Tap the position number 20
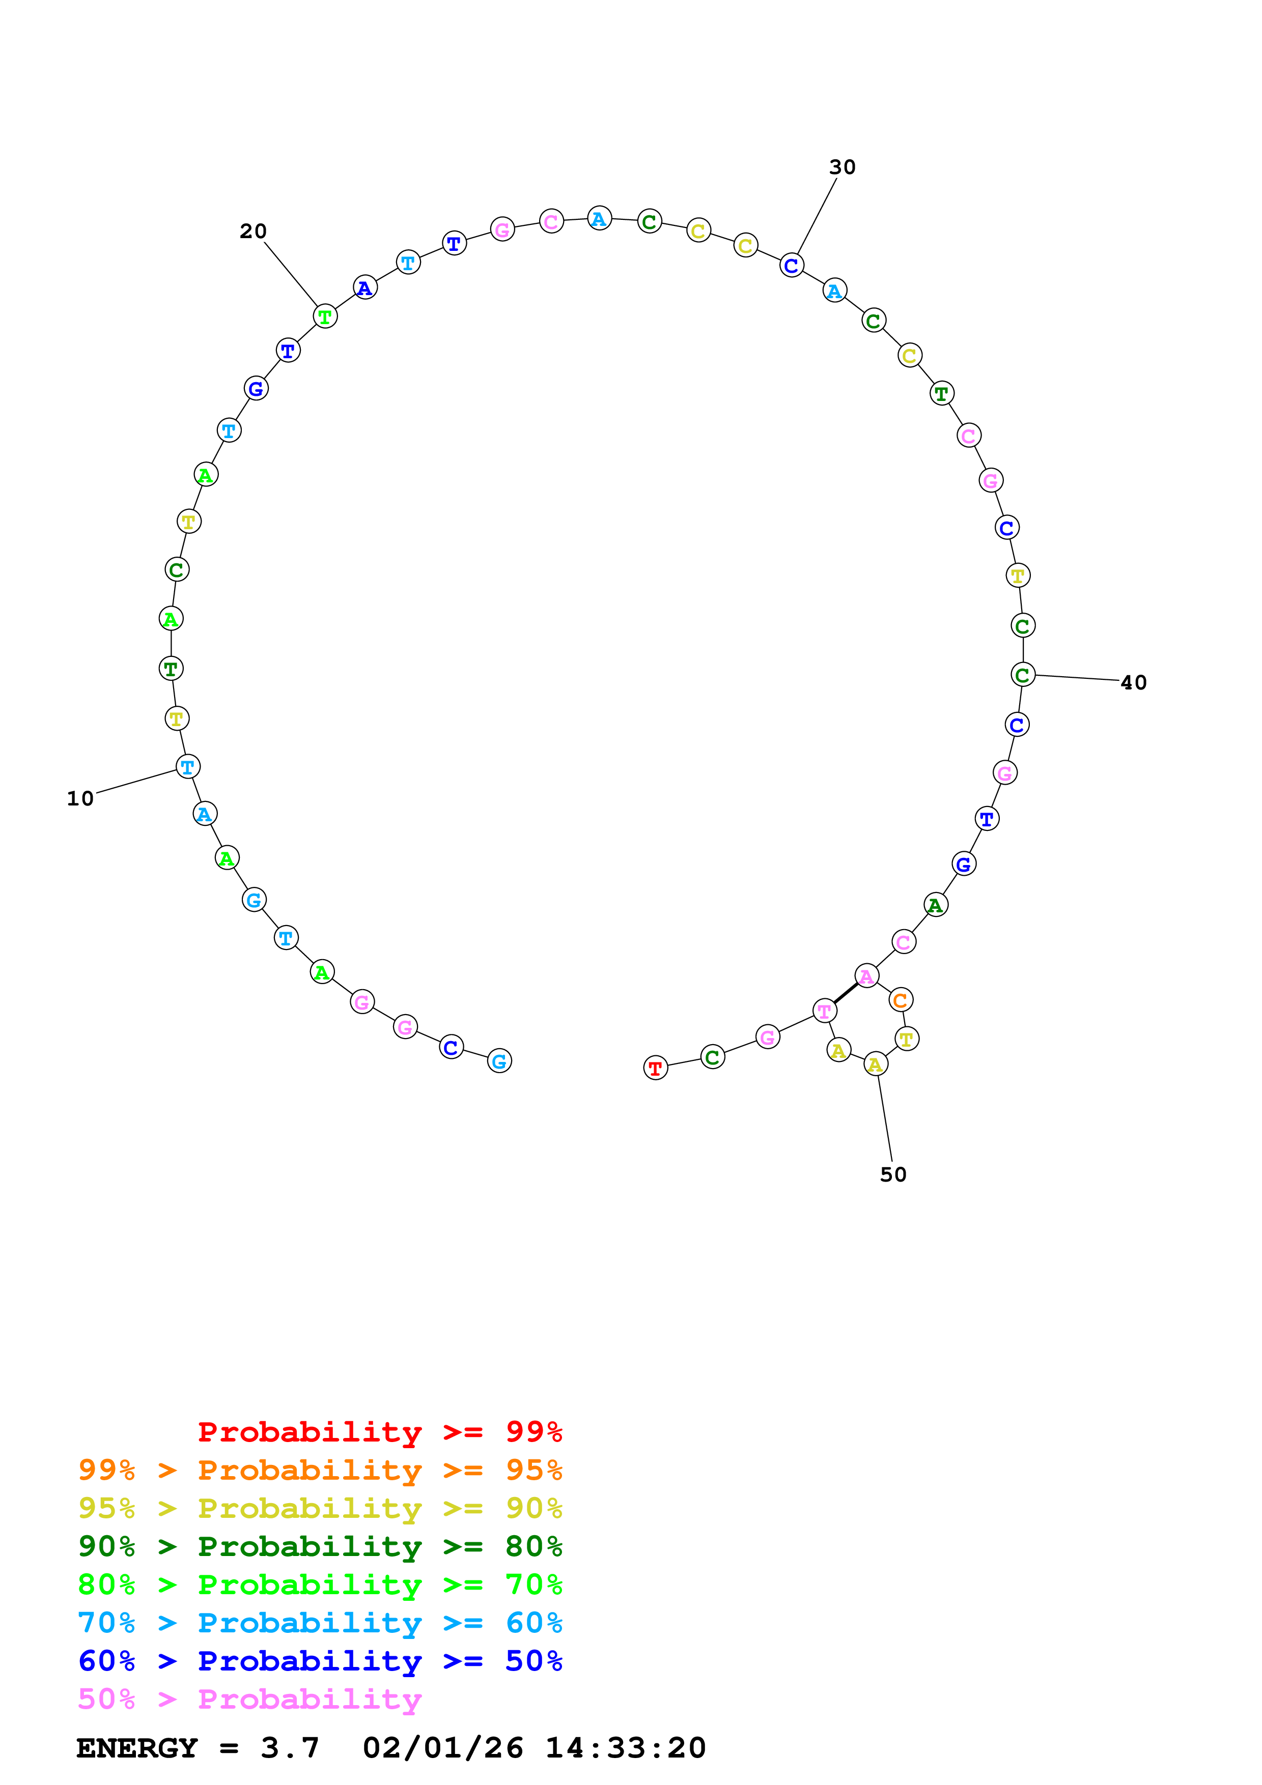pyautogui.click(x=253, y=231)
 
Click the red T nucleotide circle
pyautogui.click(x=656, y=1068)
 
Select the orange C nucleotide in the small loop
pyautogui.click(x=901, y=1000)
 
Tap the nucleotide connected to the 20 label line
pyautogui.click(x=325, y=316)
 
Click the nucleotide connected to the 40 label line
pyautogui.click(x=1023, y=675)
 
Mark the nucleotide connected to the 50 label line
pyautogui.click(x=876, y=1064)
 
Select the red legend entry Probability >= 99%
pyautogui.click(x=379, y=1431)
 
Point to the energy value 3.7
pyautogui.click(x=289, y=1748)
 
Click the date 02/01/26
pyautogui.click(x=442, y=1748)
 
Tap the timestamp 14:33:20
pyautogui.click(x=625, y=1748)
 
